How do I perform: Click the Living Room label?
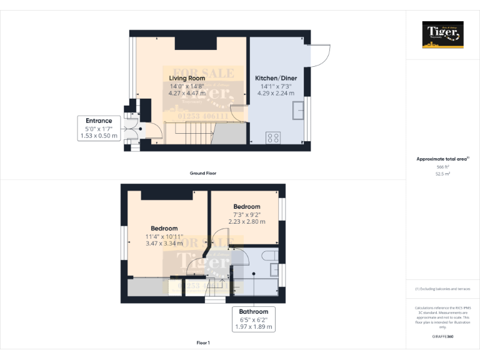pyautogui.click(x=187, y=78)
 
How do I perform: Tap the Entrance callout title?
pyautogui.click(x=99, y=121)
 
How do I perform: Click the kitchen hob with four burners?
pyautogui.click(x=274, y=138)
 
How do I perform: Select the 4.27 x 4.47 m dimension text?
pyautogui.click(x=187, y=93)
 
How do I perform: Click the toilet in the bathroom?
pyautogui.click(x=271, y=254)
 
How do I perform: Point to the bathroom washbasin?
pyautogui.click(x=275, y=269)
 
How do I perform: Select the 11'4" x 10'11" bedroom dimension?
pyautogui.click(x=164, y=236)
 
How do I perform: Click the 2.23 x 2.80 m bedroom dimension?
pyautogui.click(x=247, y=221)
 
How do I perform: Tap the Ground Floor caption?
pyautogui.click(x=203, y=172)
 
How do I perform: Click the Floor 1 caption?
pyautogui.click(x=203, y=342)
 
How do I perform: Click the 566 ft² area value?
pyautogui.click(x=443, y=167)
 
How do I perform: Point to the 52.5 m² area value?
pyautogui.click(x=443, y=174)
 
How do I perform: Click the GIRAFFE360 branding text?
pyautogui.click(x=443, y=337)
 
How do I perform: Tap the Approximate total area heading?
pyautogui.click(x=442, y=159)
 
